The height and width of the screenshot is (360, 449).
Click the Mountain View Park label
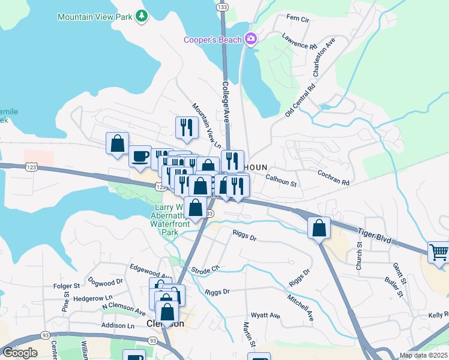click(x=94, y=17)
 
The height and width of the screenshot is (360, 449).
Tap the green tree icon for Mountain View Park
click(x=142, y=16)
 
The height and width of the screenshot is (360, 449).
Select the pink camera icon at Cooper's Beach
click(x=251, y=40)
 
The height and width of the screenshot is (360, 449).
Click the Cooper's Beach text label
click(x=213, y=40)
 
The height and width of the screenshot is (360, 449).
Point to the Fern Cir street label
click(x=297, y=19)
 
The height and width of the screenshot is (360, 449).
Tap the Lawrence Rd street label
click(x=299, y=41)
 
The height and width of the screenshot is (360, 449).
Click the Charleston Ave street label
click(x=322, y=58)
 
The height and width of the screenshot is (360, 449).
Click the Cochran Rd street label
click(x=333, y=181)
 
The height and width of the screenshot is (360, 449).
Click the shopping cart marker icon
click(x=439, y=253)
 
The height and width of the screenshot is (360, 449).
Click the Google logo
click(x=19, y=353)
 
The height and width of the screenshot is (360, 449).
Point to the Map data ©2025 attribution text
click(x=423, y=355)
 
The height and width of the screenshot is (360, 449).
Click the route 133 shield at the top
click(x=223, y=7)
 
